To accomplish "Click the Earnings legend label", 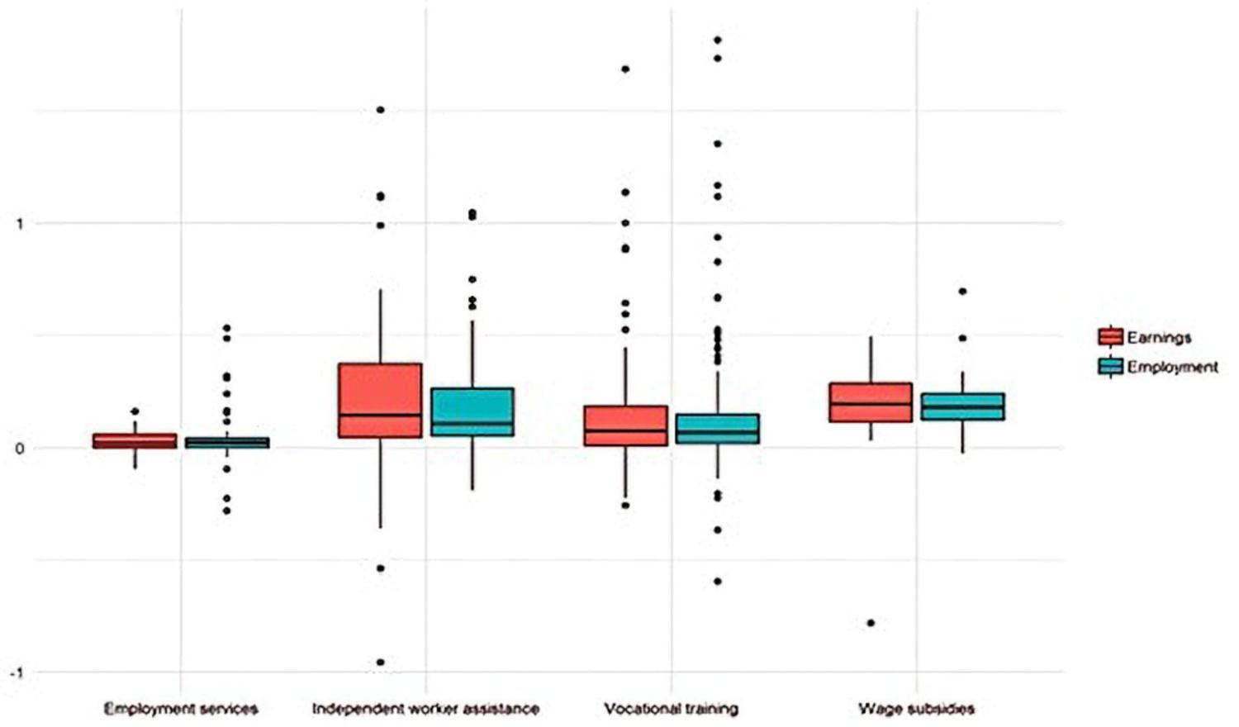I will (x=1159, y=337).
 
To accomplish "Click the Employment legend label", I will (x=1172, y=367).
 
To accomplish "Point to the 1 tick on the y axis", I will (x=20, y=224).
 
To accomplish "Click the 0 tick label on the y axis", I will (x=20, y=449).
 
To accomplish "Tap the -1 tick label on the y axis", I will (x=17, y=672).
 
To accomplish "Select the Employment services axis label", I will (x=181, y=709).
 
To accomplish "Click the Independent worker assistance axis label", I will (x=425, y=709).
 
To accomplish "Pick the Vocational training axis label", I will (x=671, y=709).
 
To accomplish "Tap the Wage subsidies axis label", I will (x=916, y=709).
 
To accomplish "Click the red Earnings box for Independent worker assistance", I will (x=380, y=400).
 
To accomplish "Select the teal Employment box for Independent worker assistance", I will (x=472, y=411).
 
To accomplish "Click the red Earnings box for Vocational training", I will (x=625, y=425).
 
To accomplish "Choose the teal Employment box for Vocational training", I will (x=717, y=429).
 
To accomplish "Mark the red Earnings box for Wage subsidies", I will (x=871, y=402).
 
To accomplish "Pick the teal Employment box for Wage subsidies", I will (x=962, y=406).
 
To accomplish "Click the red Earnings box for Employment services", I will (x=135, y=441).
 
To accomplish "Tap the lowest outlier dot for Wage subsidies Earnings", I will (x=871, y=623).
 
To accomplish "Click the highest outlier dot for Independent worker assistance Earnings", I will (x=380, y=109).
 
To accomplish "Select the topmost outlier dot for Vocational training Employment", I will (x=717, y=40).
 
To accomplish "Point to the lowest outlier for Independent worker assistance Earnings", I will (x=380, y=662).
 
